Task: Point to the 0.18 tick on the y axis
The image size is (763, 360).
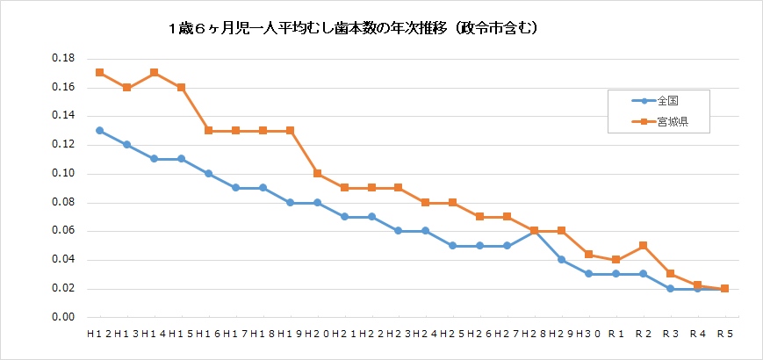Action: pos(62,59)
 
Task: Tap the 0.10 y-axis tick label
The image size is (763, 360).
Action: pos(62,174)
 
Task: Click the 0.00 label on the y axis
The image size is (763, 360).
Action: pos(62,318)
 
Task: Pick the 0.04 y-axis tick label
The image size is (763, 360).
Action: pos(62,260)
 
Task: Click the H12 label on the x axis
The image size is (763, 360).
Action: pos(99,335)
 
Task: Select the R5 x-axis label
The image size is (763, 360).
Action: pos(725,335)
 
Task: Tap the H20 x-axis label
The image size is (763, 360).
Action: pos(317,335)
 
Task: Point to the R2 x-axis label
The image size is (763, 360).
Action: pos(644,335)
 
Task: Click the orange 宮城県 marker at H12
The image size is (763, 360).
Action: pos(100,73)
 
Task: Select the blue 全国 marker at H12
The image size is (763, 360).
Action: pos(100,130)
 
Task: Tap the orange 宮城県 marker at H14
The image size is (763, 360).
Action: pos(155,73)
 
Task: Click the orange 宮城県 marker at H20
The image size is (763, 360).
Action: pos(317,173)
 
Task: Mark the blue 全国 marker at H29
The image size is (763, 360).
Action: pos(562,260)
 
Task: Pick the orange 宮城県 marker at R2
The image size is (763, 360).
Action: pos(644,245)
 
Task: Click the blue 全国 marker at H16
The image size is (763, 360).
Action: pos(209,173)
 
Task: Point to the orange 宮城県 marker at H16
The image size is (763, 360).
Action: pos(209,130)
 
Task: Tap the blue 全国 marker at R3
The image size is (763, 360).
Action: pos(671,288)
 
